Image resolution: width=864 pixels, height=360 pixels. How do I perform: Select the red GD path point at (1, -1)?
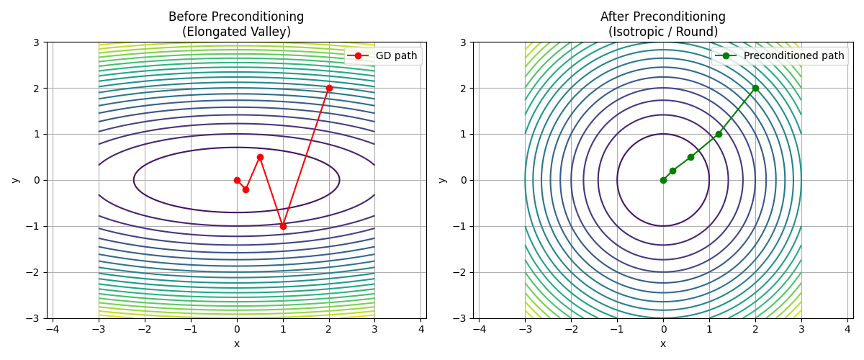click(283, 226)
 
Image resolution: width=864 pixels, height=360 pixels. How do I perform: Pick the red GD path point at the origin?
click(237, 180)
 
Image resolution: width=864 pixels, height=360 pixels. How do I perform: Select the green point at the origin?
click(663, 180)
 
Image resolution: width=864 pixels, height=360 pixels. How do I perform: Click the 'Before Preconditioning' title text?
click(236, 17)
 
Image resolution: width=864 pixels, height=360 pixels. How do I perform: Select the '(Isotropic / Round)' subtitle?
click(663, 32)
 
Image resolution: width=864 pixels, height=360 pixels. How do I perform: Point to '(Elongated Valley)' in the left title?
click(236, 32)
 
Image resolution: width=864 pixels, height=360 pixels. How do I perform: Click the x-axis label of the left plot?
click(236, 343)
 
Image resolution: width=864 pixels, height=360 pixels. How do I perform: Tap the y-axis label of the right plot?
click(441, 180)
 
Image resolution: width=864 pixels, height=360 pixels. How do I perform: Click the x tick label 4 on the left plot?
click(421, 330)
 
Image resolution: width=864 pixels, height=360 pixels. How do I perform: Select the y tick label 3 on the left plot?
click(35, 42)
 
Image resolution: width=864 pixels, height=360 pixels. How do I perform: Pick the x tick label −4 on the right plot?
click(479, 330)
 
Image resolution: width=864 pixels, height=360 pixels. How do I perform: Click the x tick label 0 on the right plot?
click(663, 330)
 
